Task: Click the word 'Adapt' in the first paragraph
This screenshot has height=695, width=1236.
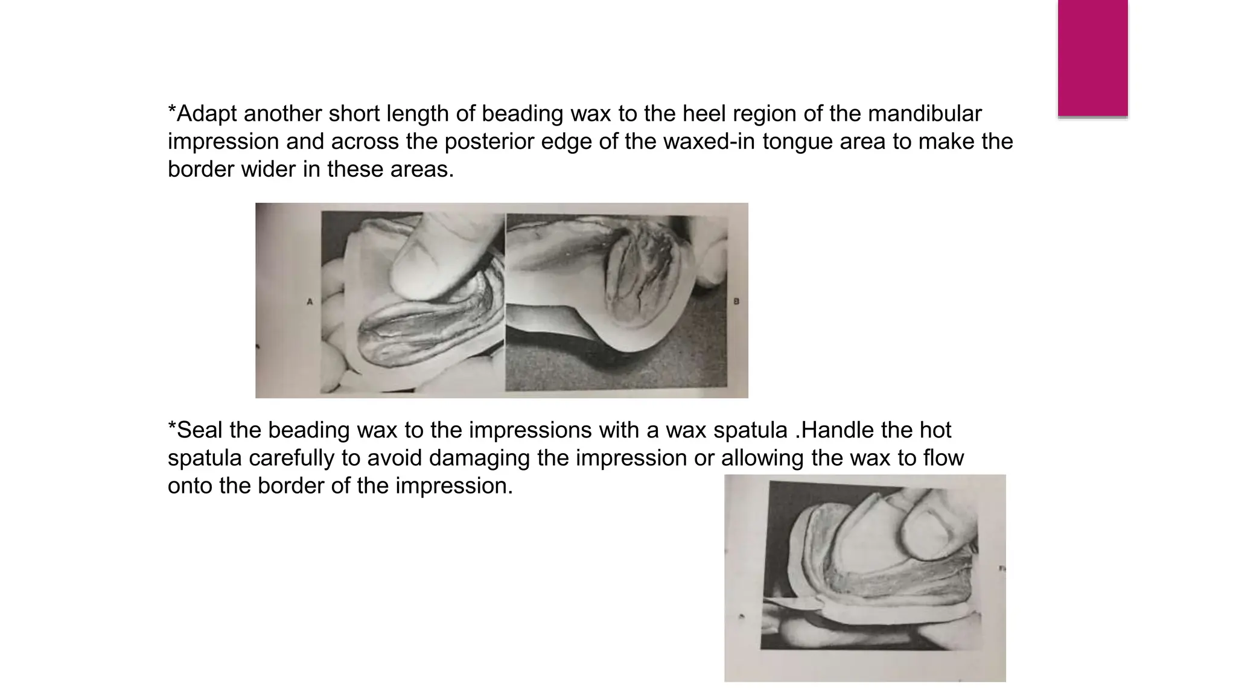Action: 207,114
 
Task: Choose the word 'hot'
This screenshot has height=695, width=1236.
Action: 935,430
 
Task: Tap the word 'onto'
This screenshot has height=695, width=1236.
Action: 190,486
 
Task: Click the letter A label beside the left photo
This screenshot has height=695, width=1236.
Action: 310,302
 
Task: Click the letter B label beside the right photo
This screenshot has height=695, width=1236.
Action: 736,301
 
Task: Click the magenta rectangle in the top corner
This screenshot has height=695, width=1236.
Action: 1092,57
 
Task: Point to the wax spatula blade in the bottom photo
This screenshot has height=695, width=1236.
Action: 791,603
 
